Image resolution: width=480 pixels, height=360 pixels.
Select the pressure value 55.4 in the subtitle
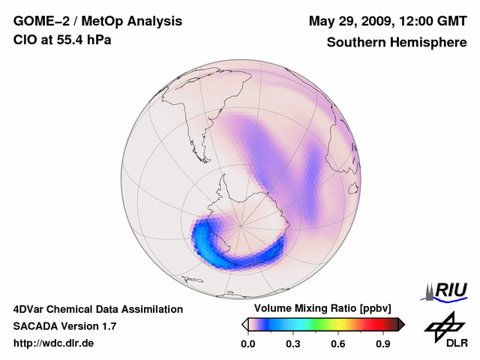67,40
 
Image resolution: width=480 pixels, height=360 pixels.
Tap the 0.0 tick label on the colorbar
247,344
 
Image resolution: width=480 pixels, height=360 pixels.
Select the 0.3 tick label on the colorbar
292,344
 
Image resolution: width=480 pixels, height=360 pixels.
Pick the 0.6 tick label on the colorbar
337,344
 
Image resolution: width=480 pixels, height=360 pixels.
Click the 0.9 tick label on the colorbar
383,344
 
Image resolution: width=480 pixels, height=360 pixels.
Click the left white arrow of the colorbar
244,324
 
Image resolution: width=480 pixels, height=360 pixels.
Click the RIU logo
448,290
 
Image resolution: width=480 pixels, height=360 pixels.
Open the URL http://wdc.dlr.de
54,343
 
